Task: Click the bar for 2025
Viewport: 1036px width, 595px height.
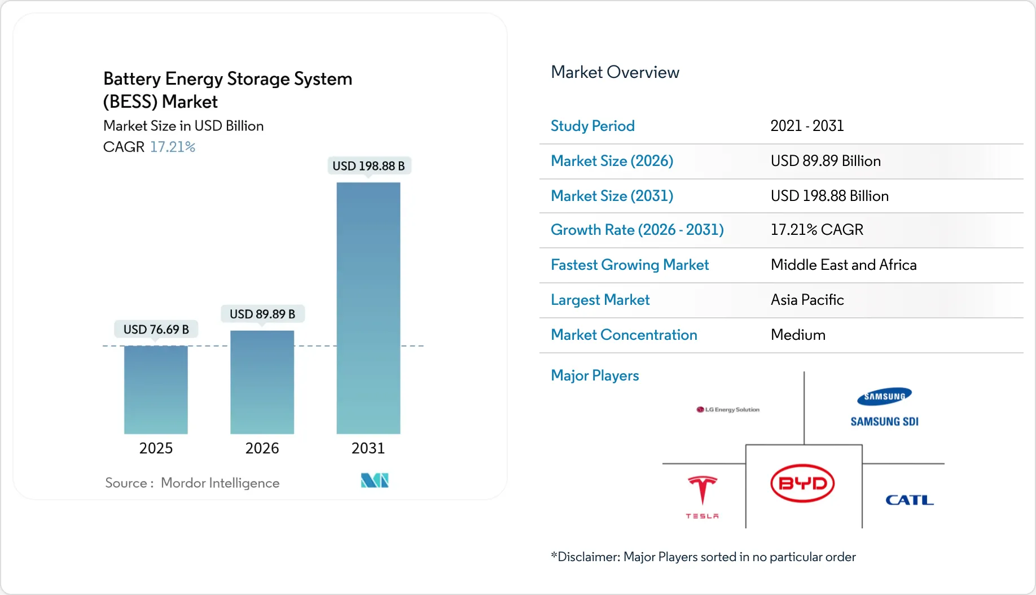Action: [156, 390]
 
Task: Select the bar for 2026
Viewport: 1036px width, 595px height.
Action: [262, 382]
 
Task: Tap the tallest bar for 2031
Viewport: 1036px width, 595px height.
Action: [368, 308]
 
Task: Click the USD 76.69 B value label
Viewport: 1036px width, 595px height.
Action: [156, 329]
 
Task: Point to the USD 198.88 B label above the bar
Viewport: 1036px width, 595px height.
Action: [368, 166]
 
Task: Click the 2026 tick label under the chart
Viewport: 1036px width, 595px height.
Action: [262, 448]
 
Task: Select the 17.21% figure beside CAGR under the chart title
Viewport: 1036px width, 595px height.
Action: [173, 147]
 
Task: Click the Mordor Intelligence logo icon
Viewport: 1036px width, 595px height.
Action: [375, 480]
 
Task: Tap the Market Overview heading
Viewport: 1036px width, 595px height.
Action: [615, 72]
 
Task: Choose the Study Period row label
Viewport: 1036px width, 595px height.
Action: [592, 126]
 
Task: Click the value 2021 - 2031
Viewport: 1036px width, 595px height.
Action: [807, 126]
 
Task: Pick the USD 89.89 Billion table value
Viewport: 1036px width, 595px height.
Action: [826, 161]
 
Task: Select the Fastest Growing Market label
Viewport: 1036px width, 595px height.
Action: [630, 265]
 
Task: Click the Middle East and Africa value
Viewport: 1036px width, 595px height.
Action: [844, 265]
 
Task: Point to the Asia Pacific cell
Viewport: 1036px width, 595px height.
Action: [807, 300]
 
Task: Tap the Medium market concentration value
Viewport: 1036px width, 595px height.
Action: [798, 335]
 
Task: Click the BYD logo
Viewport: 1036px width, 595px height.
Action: [802, 483]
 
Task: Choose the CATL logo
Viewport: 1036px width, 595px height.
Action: [909, 500]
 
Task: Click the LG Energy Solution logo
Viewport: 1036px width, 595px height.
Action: [728, 409]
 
